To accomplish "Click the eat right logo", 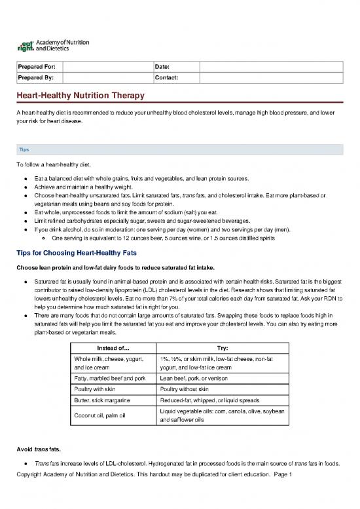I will tap(52, 45).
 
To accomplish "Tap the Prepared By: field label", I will tap(37, 78).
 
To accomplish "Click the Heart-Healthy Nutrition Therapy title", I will tap(81, 96).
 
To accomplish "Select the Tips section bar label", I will tap(24, 149).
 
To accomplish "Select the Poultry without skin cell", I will tap(187, 390).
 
